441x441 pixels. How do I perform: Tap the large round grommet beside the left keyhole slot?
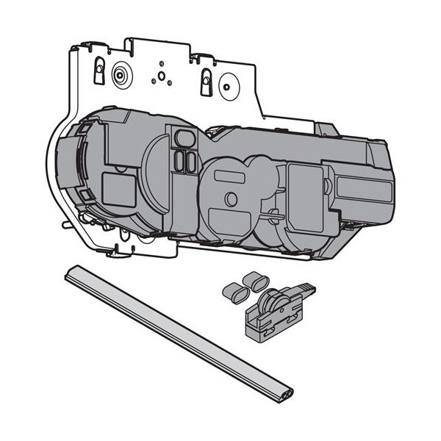[x=118, y=74]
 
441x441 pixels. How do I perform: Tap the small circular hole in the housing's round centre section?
[x=231, y=198]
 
